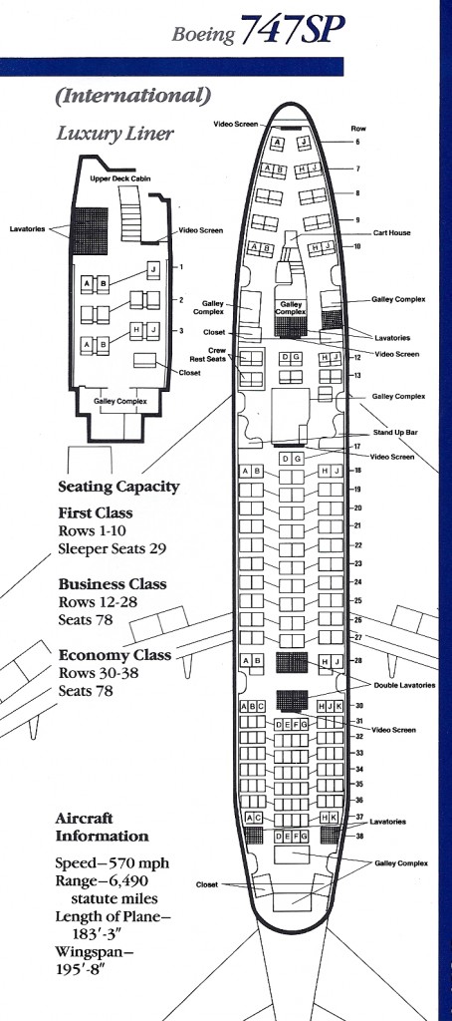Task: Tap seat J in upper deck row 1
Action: pos(153,269)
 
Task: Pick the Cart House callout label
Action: pos(392,232)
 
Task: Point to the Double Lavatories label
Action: pos(404,685)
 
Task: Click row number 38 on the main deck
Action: pos(358,836)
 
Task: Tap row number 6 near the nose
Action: pos(357,143)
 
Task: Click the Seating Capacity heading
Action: pos(118,487)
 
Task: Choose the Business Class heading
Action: pos(112,584)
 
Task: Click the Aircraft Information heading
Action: pos(102,827)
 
